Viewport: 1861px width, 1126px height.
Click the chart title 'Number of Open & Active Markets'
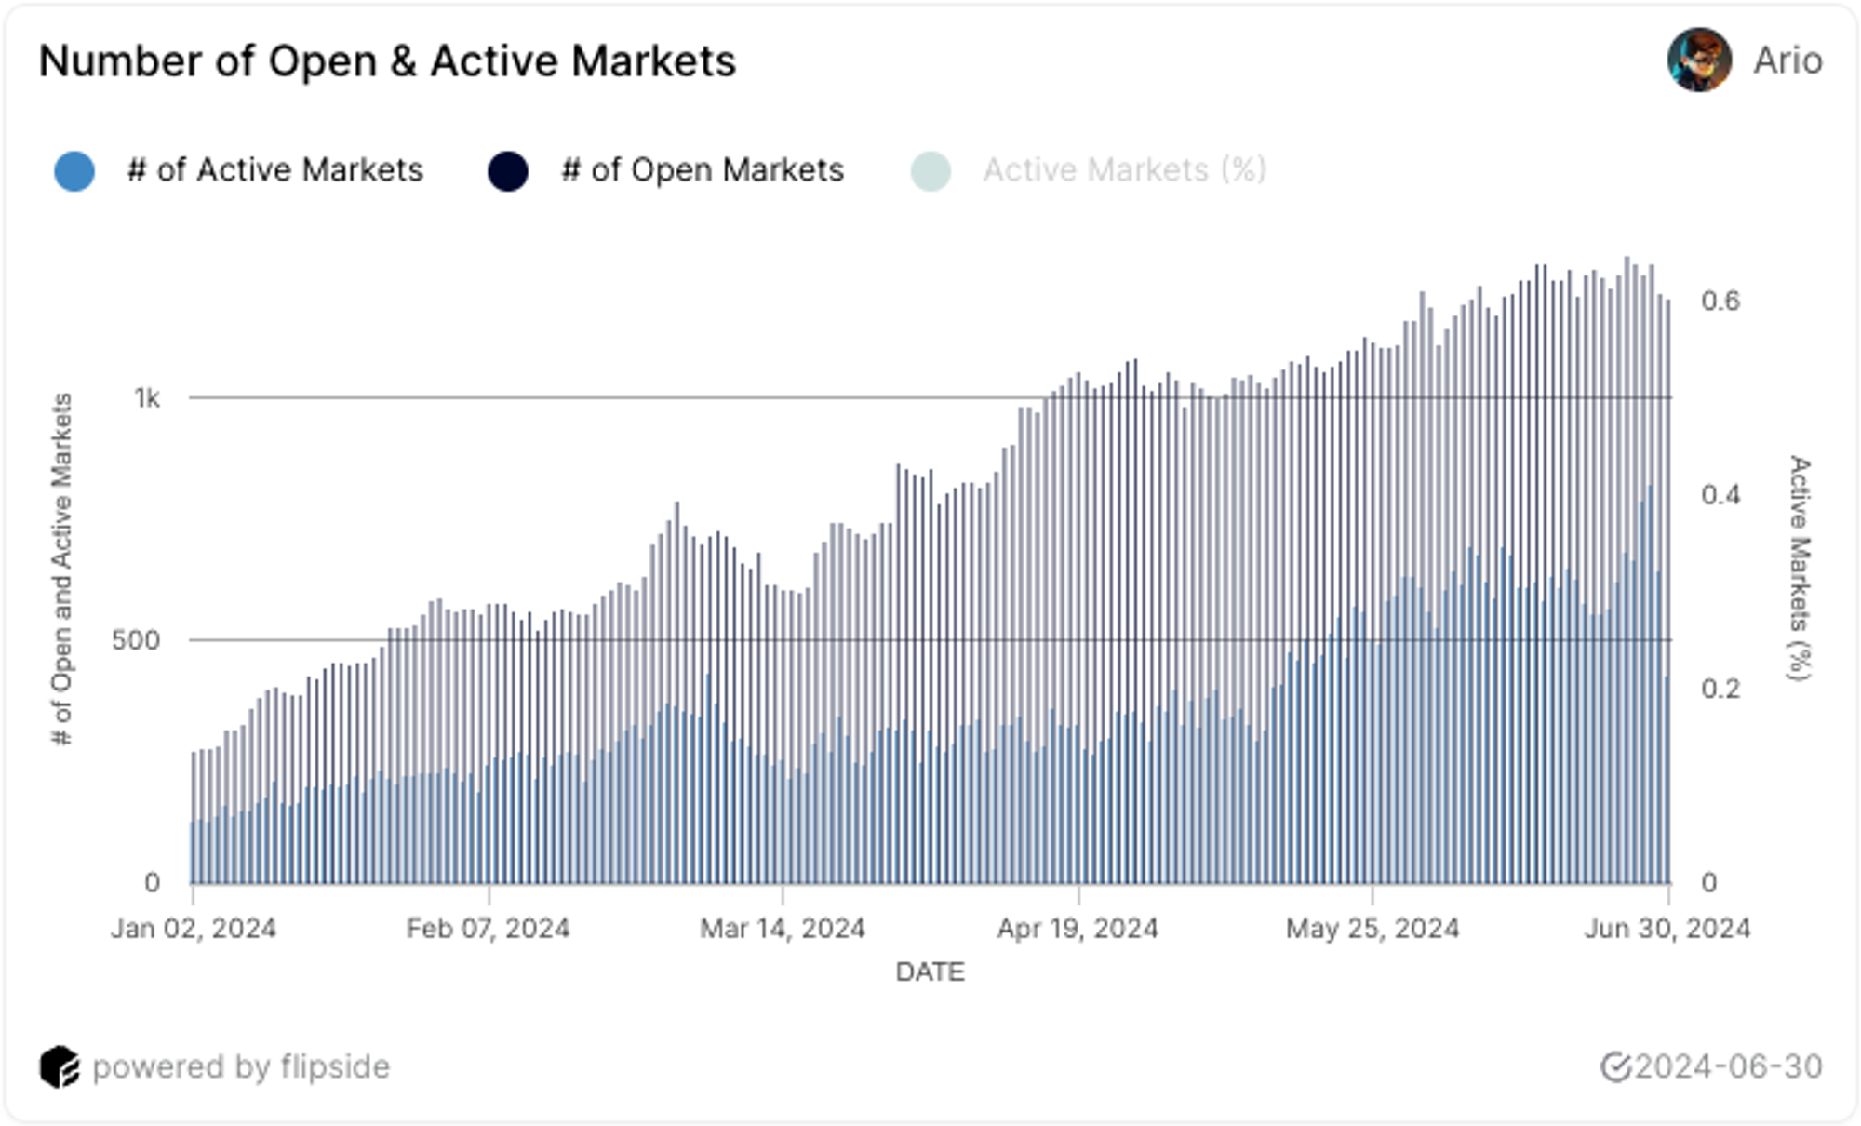387,61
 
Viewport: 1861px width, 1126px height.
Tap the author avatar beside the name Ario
1699,60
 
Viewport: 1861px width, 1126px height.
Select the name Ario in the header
1787,60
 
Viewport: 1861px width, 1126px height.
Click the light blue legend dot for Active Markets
74,170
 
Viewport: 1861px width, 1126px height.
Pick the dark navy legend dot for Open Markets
508,170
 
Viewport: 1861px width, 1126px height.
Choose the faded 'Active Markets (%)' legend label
1124,170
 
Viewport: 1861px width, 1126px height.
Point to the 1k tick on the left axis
147,398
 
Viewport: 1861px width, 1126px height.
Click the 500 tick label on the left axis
136,640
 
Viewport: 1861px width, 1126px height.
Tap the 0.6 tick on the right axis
1720,301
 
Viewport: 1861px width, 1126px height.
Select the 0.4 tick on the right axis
1720,494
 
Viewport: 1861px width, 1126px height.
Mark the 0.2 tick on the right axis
1720,689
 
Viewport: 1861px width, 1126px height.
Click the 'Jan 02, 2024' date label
194,928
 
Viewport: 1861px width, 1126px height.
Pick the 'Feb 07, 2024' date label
489,928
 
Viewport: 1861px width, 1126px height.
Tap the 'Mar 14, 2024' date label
783,928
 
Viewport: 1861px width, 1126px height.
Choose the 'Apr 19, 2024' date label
1078,928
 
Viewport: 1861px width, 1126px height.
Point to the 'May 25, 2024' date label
1372,928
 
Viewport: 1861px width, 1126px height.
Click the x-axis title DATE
930,972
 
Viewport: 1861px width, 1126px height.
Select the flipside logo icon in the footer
60,1066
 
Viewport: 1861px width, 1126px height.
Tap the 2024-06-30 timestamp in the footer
1728,1066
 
